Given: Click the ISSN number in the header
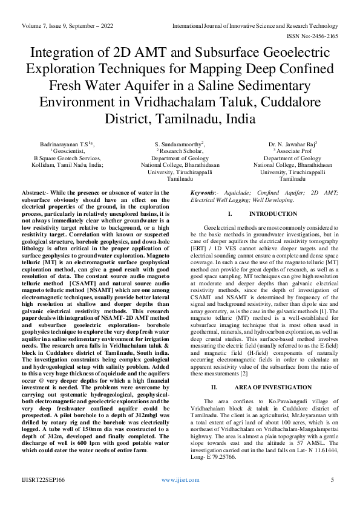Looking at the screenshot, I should tap(316, 36).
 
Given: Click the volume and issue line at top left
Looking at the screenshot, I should tap(77, 26).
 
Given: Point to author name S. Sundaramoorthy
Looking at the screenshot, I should tap(180, 144).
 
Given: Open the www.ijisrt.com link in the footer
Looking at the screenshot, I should tap(180, 479).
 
